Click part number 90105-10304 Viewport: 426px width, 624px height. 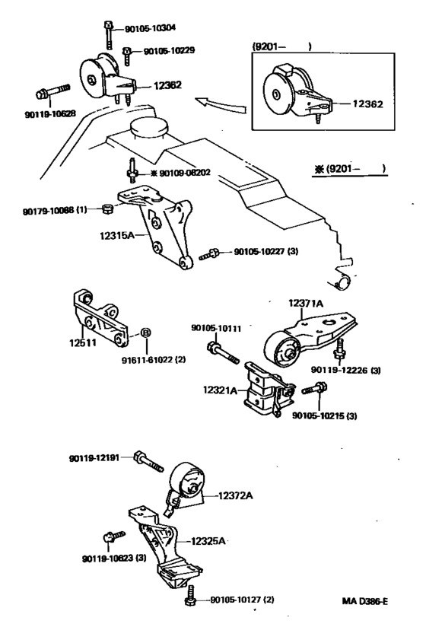150,28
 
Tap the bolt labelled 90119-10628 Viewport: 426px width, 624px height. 52,91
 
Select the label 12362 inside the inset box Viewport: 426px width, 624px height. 367,103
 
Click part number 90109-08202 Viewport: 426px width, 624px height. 185,173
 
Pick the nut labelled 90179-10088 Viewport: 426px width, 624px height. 106,209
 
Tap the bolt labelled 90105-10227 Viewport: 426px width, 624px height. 209,254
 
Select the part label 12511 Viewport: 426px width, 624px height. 83,342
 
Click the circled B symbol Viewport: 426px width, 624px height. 145,333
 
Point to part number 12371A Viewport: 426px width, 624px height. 306,304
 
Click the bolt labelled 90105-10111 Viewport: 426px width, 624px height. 223,352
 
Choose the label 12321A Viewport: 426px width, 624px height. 220,390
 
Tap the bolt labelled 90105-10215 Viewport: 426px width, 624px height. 314,388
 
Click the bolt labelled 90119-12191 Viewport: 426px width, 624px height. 149,462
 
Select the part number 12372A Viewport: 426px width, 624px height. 236,495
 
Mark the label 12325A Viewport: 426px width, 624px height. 208,541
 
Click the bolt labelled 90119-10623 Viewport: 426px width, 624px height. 114,536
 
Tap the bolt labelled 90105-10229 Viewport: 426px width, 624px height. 126,56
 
